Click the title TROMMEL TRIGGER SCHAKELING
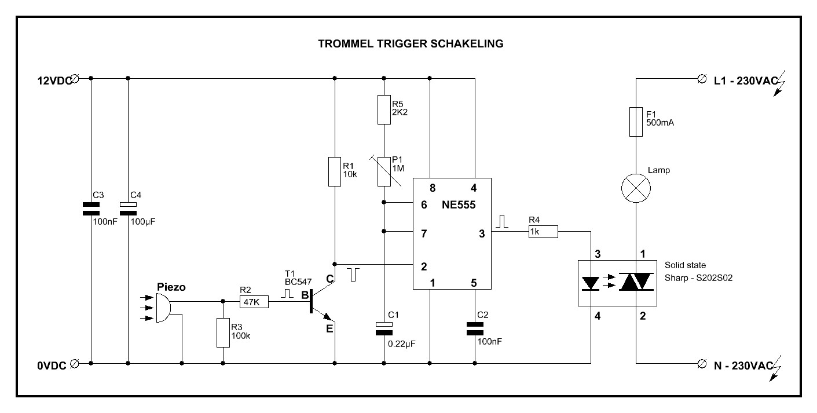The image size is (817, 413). pyautogui.click(x=411, y=43)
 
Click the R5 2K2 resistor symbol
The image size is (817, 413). pyautogui.click(x=383, y=109)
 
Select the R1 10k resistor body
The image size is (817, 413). pyautogui.click(x=334, y=170)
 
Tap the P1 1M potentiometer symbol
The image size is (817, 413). pyautogui.click(x=383, y=171)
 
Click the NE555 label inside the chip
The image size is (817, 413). pyautogui.click(x=459, y=204)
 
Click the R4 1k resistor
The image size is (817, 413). pyautogui.click(x=542, y=232)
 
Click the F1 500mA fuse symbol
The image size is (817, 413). pyautogui.click(x=636, y=121)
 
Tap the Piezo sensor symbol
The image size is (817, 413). pyautogui.click(x=163, y=307)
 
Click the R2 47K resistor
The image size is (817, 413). pyautogui.click(x=254, y=302)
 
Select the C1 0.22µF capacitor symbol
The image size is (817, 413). pyautogui.click(x=383, y=328)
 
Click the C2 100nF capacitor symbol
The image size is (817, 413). pyautogui.click(x=474, y=329)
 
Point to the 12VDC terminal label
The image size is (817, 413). pyautogui.click(x=53, y=81)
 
